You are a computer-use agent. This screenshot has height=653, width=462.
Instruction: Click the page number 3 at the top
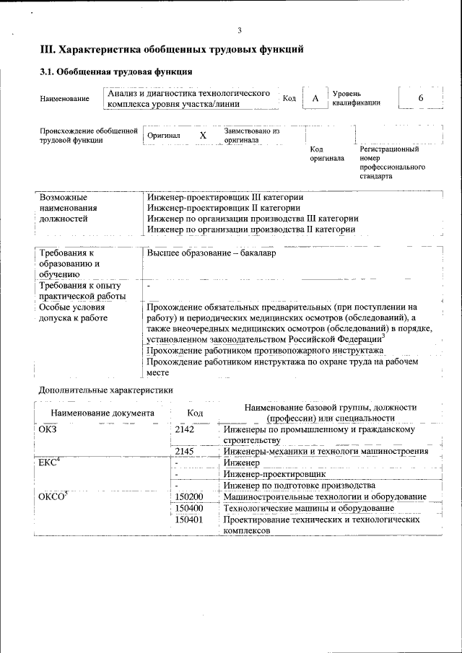pos(239,30)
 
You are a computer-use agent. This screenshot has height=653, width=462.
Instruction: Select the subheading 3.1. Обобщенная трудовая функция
pos(115,72)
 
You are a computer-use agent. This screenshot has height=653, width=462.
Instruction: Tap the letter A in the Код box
pos(315,98)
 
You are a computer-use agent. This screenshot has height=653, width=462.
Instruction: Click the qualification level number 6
pos(421,98)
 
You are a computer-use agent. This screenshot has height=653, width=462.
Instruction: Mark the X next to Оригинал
pos(203,136)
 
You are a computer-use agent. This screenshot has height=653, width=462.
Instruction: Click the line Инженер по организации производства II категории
pos(250,229)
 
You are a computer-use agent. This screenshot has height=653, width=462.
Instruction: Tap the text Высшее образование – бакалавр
pos(212,254)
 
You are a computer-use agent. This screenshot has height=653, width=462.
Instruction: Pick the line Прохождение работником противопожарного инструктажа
pos(264,350)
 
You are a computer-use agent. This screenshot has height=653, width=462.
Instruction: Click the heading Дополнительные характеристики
pos(105,390)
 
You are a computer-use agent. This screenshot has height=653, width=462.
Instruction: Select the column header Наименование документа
pos(102,413)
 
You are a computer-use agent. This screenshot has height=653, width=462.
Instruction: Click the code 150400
pos(189,508)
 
